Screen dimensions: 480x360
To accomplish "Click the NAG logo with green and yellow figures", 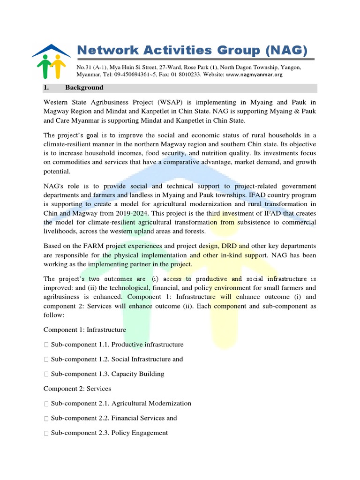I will pos(51,61).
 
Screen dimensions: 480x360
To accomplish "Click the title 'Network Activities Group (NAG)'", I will pos(192,50).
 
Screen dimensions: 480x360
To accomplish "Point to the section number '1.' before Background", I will pos(46,88).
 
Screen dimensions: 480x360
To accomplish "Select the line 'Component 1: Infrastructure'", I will pos(84,330).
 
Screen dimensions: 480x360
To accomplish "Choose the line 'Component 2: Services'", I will pos(77,389).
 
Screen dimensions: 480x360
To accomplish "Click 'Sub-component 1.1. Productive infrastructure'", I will pos(117,345).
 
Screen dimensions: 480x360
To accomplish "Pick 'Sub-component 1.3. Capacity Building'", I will pos(107,374).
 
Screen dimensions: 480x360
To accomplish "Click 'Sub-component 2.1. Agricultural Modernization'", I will pos(121,403).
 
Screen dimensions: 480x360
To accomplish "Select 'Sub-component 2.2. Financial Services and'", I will pos(113,418).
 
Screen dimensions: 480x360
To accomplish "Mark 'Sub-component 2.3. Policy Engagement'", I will pos(109,433).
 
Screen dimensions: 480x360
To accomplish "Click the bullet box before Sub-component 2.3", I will pos(46,433).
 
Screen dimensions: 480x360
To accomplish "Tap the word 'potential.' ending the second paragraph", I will pos(57,171).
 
